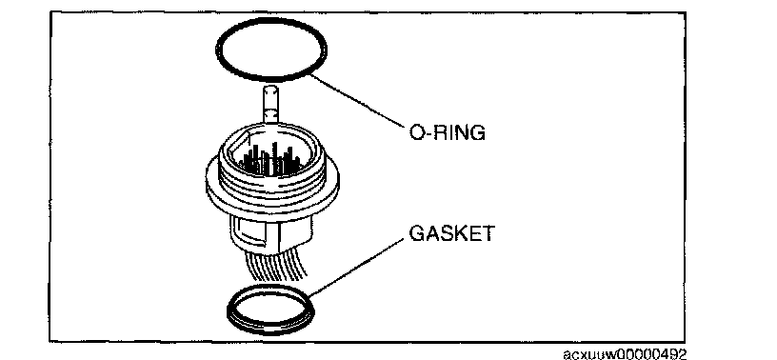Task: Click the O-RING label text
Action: tap(447, 132)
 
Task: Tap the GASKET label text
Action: tap(451, 233)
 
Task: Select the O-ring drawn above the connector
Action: tap(216, 50)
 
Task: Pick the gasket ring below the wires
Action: tap(228, 310)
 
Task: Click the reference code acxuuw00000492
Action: tap(626, 354)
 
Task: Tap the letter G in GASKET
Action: tap(416, 233)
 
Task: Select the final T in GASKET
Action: tap(488, 233)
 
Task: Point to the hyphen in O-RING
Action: tap(428, 134)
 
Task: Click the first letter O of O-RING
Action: tap(416, 132)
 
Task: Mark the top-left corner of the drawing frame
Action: tap(50, 12)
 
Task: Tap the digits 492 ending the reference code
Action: tap(675, 354)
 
